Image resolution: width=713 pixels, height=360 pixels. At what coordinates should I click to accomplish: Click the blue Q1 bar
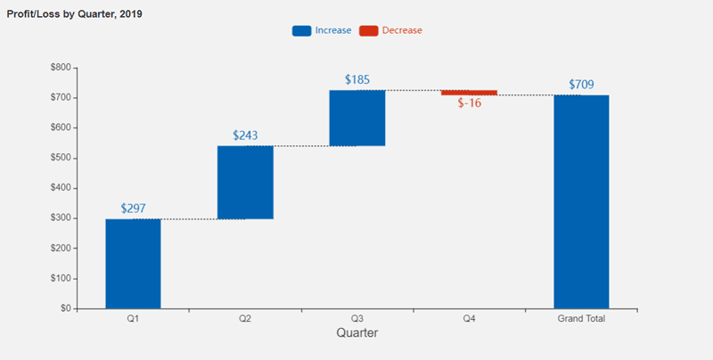pos(133,264)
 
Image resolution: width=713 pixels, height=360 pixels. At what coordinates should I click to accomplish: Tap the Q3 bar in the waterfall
pos(356,118)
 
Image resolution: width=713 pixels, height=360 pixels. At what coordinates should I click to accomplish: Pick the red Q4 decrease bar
pos(469,93)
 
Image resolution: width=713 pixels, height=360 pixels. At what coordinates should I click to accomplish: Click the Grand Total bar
pos(581,201)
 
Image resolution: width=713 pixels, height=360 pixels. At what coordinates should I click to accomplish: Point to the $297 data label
pos(133,209)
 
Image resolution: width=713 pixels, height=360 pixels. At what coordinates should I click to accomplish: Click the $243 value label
pos(245,135)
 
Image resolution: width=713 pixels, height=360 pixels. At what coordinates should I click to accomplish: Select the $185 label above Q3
pos(357,80)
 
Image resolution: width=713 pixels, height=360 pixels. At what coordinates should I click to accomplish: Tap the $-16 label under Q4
pos(469,103)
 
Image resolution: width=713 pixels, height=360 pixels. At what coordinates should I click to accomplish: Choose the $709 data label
pos(581,85)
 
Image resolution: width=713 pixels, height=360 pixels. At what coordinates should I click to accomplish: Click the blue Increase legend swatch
pos(301,30)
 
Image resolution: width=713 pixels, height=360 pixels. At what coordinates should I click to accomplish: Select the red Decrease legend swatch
pos(368,30)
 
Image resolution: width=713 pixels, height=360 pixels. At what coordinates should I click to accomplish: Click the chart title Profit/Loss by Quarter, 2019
pos(74,15)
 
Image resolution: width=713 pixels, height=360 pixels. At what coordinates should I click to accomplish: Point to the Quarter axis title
pos(356,333)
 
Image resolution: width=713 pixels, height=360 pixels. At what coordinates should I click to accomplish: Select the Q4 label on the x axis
pos(469,318)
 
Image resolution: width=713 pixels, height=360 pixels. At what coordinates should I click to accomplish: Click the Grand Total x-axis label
pos(581,318)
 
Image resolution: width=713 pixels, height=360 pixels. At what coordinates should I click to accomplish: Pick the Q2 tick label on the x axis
pos(245,318)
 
